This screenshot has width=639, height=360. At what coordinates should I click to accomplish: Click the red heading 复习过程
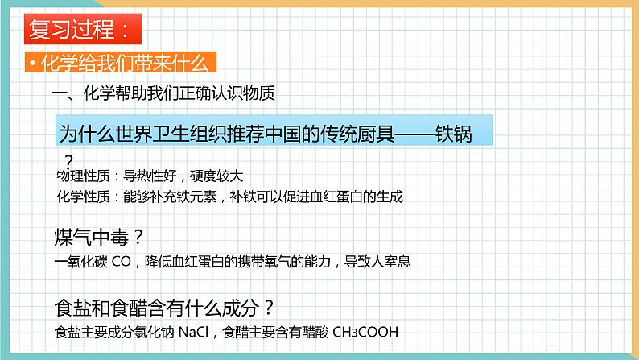(76, 31)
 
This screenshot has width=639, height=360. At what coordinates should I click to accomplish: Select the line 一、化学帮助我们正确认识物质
(163, 93)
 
